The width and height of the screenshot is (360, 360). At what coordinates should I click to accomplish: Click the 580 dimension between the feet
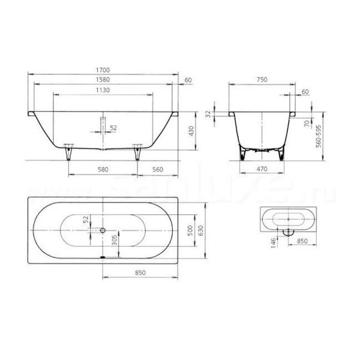pos(103,170)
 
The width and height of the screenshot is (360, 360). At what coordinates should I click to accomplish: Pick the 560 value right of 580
pos(158,170)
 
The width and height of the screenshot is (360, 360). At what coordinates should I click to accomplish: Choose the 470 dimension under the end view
pos(262,170)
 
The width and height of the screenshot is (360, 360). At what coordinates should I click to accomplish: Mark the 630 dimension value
pos(202,230)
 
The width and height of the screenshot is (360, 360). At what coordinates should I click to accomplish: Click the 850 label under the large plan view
pos(140,273)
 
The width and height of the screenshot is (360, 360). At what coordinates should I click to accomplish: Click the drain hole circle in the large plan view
pos(103,230)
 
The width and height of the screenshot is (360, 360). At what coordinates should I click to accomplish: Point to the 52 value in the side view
pos(113,127)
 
